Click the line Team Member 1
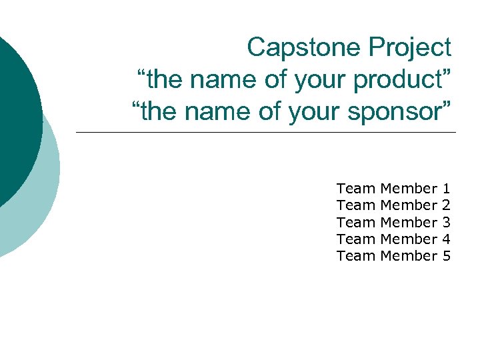(x=393, y=189)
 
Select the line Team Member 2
(x=393, y=205)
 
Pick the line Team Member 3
(x=393, y=222)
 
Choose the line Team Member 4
(x=393, y=239)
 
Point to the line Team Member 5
(x=393, y=255)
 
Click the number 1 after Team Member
(x=446, y=189)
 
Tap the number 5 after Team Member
(x=446, y=255)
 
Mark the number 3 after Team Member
(x=446, y=222)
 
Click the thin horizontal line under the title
(x=267, y=132)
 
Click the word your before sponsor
(x=318, y=112)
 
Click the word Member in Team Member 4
(x=408, y=239)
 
